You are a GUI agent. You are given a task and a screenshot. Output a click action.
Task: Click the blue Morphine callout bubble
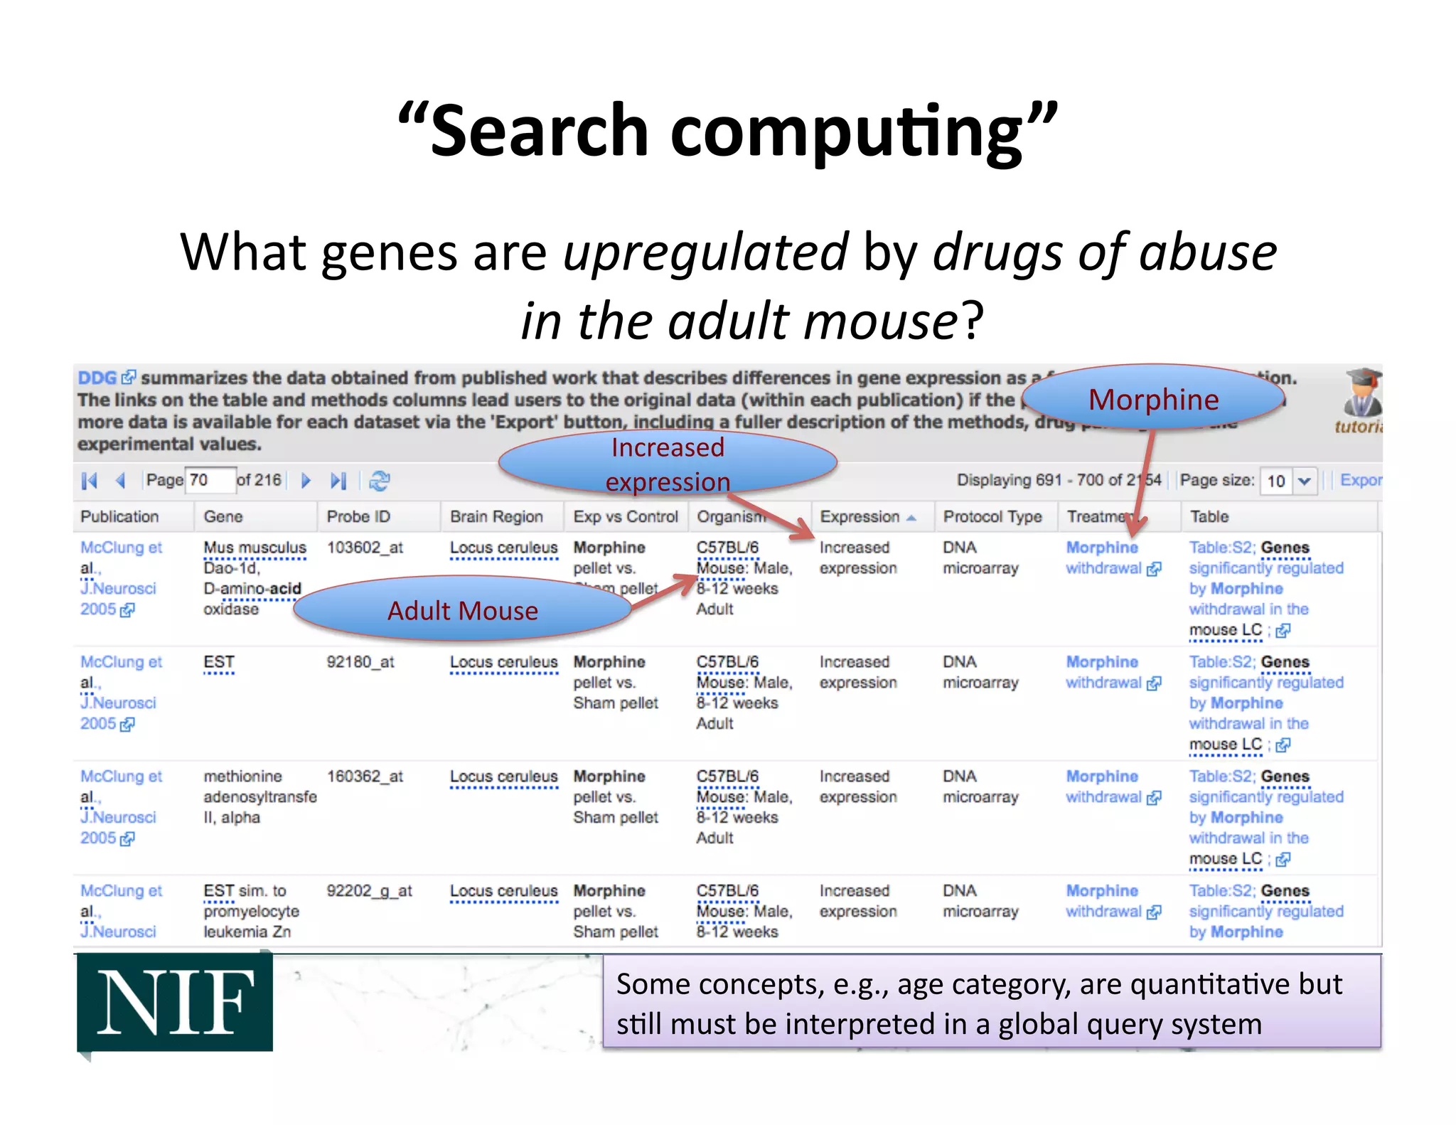[x=1153, y=399]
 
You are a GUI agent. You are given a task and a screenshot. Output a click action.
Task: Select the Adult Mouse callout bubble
[x=463, y=610]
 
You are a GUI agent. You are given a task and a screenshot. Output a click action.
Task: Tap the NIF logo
[x=175, y=1003]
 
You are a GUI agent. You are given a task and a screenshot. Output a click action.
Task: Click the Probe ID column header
[x=358, y=516]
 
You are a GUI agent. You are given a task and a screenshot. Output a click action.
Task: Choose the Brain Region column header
[x=496, y=516]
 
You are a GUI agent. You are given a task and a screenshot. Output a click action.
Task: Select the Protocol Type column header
[x=992, y=516]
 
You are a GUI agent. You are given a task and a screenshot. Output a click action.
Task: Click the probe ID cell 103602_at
[x=365, y=548]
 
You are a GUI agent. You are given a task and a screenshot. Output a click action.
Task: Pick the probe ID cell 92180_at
[x=360, y=662]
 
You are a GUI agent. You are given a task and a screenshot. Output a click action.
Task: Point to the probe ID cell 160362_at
[x=365, y=777]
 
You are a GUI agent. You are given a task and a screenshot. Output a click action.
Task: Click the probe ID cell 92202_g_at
[x=369, y=891]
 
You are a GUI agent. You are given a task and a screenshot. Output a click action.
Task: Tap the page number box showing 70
[x=210, y=480]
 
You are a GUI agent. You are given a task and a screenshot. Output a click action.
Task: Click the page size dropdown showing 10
[x=1288, y=481]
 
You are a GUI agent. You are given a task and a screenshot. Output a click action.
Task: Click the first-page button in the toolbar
[x=90, y=481]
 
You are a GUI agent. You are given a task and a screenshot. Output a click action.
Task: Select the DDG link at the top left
[x=97, y=378]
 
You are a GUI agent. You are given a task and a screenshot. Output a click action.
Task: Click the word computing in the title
[x=846, y=131]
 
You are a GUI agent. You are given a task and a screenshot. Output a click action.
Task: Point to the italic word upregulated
[x=705, y=252]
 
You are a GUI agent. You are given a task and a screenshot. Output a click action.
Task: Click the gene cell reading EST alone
[x=218, y=662]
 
